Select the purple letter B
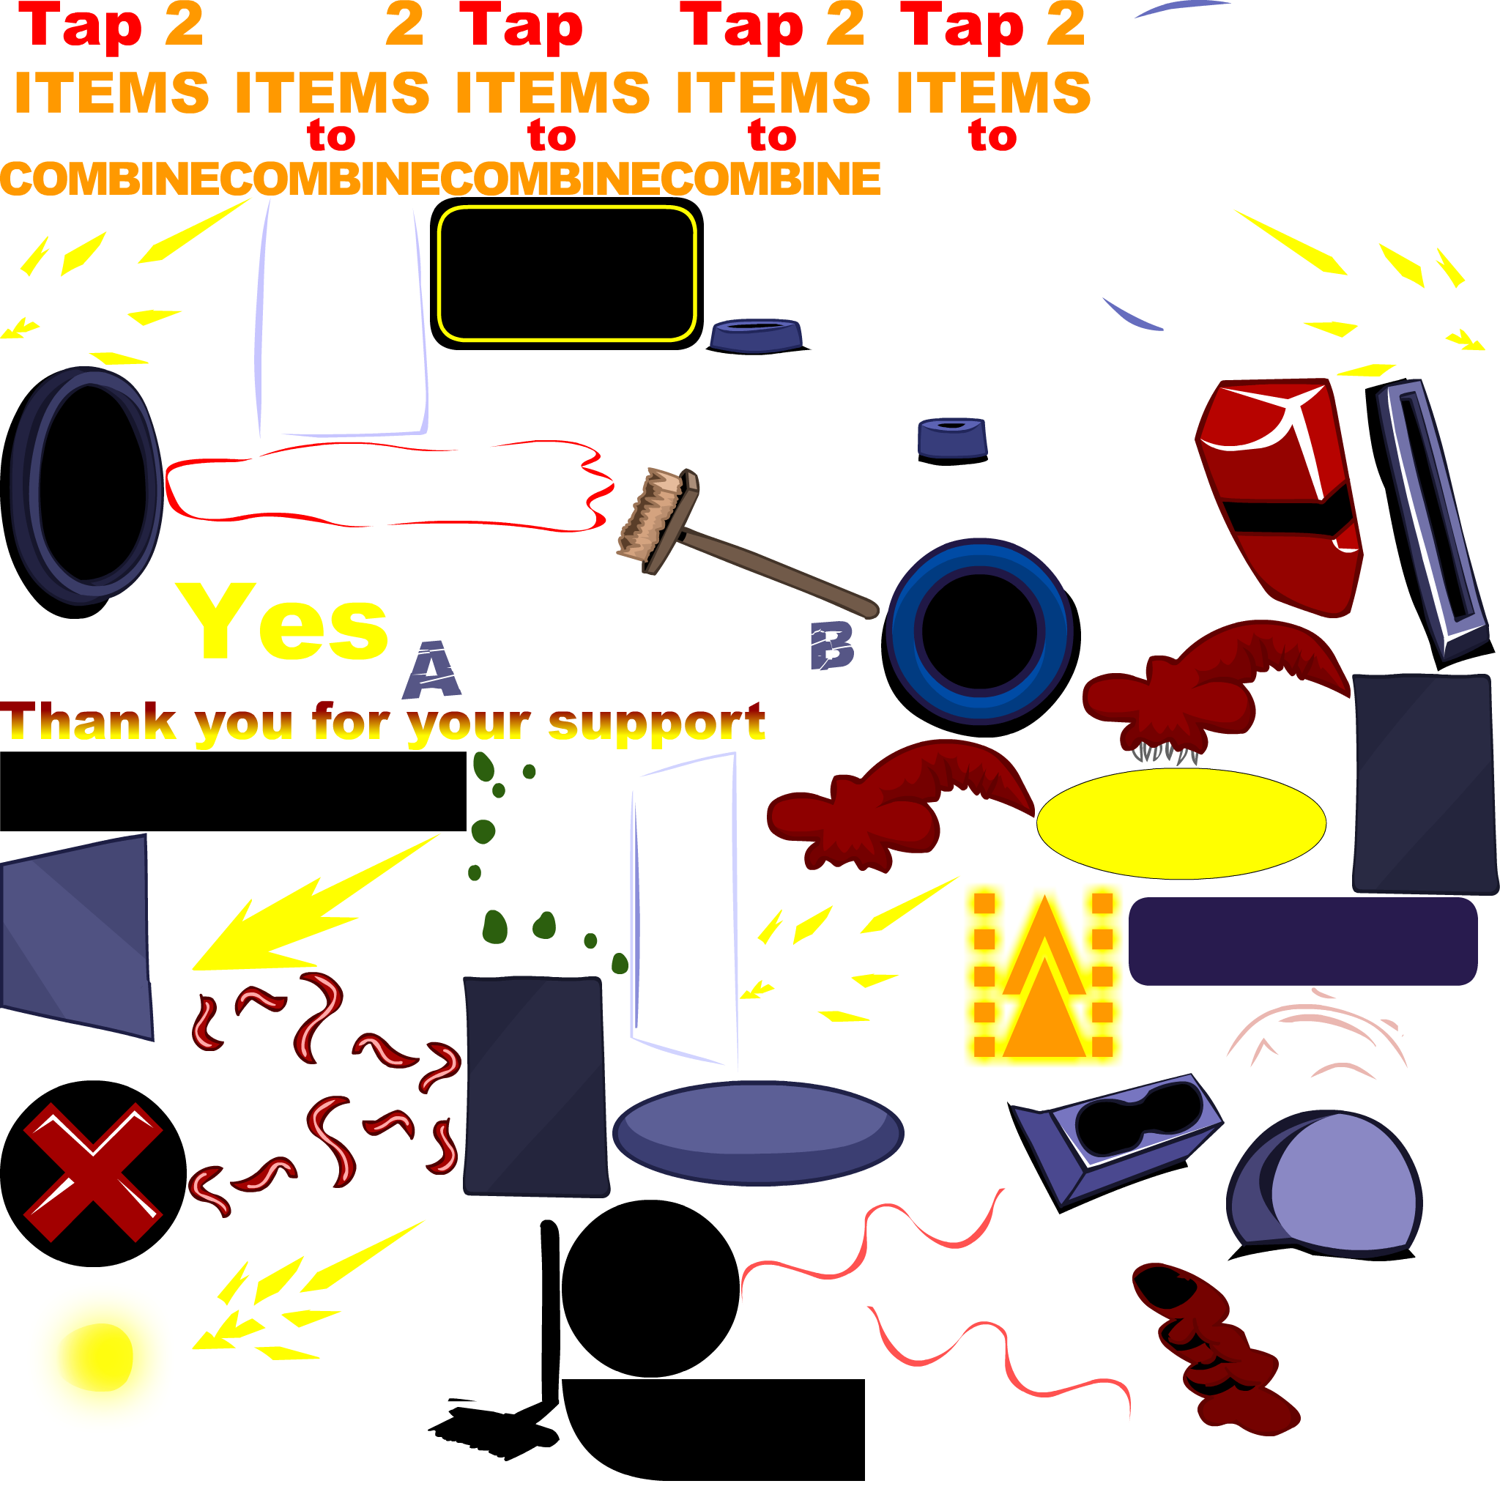pyautogui.click(x=831, y=645)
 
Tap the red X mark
pyautogui.click(x=93, y=1172)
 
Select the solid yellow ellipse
pyautogui.click(x=1181, y=823)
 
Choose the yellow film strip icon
pyautogui.click(x=1043, y=974)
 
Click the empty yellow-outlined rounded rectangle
pyautogui.click(x=566, y=273)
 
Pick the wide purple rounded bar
pyautogui.click(x=1302, y=941)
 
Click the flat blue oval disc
pyautogui.click(x=757, y=1132)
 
